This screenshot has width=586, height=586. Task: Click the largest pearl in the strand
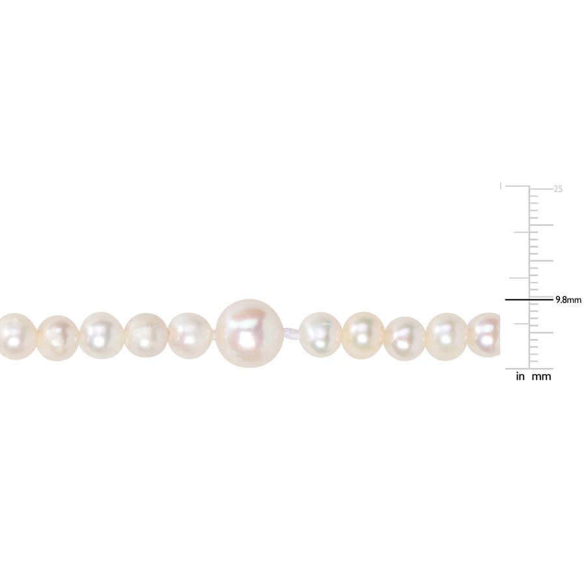click(x=249, y=333)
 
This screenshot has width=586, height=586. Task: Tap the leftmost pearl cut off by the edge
click(x=17, y=337)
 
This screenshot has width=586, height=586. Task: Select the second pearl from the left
click(x=59, y=338)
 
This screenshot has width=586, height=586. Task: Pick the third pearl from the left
click(x=102, y=335)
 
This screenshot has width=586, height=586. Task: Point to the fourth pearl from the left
click(x=146, y=335)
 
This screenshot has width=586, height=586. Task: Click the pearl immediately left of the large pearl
click(x=190, y=335)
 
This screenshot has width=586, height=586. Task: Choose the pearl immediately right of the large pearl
click(x=320, y=335)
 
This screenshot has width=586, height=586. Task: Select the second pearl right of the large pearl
click(x=363, y=335)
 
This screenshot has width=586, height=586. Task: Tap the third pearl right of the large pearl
click(x=405, y=339)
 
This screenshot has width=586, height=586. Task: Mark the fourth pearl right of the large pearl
click(x=447, y=337)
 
